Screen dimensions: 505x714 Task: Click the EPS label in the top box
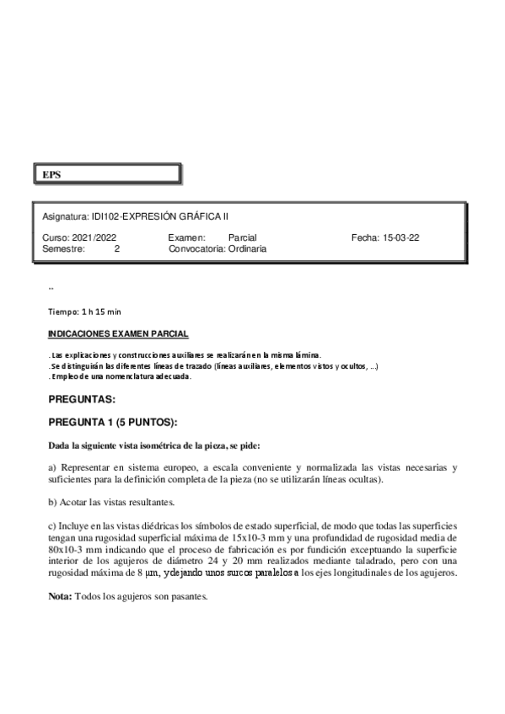pos(52,175)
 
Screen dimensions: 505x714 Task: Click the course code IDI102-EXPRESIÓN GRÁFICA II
pos(160,216)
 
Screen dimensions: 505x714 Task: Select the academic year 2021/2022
pos(94,237)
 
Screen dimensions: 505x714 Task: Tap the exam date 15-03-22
pos(401,237)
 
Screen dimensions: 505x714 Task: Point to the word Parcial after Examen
pos(242,237)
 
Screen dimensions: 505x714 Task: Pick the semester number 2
pos(117,248)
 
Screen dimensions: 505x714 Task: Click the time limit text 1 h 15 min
pos(101,312)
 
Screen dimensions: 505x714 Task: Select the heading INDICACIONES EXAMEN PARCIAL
pos(118,333)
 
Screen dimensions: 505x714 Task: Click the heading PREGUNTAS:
pos(82,398)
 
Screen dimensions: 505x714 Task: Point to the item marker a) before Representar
pos(52,466)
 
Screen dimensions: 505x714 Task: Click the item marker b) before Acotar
pos(52,502)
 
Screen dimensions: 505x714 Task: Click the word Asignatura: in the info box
pos(65,216)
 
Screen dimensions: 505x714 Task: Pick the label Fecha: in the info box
pos(365,237)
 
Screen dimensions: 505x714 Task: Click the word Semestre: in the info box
pos(63,248)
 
